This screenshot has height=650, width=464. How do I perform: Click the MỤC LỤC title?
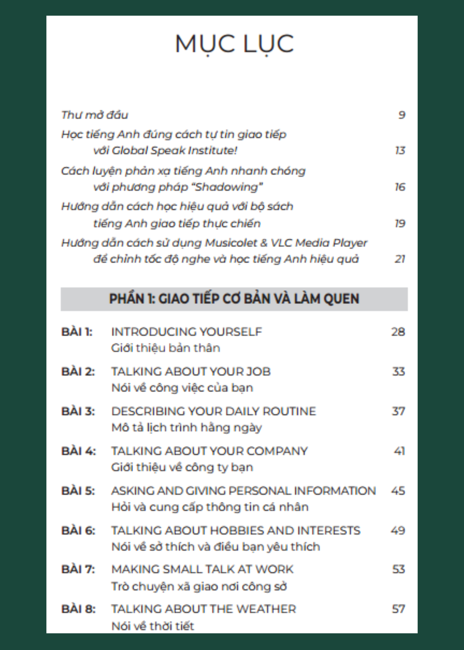click(x=234, y=44)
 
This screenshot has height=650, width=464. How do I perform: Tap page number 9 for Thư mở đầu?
click(x=402, y=115)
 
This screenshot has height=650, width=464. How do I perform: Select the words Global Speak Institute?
click(x=174, y=150)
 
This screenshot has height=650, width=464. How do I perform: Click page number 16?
click(x=400, y=187)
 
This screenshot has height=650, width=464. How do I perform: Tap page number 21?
click(x=400, y=259)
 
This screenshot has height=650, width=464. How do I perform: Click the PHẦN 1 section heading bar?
click(x=234, y=299)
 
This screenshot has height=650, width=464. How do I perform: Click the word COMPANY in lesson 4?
click(x=277, y=451)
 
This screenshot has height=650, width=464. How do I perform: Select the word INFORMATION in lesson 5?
click(x=335, y=491)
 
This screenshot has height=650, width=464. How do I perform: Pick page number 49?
click(x=398, y=530)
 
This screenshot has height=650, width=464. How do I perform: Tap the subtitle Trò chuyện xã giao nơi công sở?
click(x=199, y=586)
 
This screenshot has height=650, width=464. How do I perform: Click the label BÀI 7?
click(x=78, y=569)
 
